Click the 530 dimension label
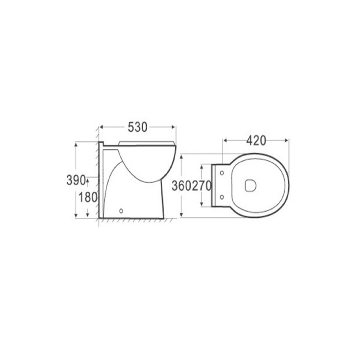[138, 127]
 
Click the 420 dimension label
[256, 140]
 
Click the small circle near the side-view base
[121, 210]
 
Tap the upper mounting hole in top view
[222, 173]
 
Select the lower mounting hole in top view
[222, 197]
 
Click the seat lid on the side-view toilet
[147, 142]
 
